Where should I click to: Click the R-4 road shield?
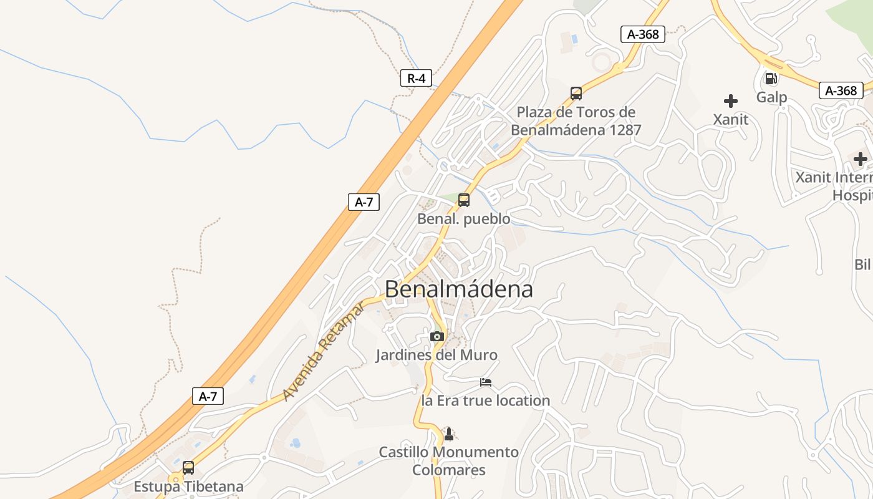[x=416, y=78]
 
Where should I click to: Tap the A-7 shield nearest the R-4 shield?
[x=364, y=201]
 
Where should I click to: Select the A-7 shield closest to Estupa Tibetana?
[x=208, y=396]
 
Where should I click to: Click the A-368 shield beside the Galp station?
[x=841, y=90]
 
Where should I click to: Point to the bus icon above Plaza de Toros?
[x=576, y=94]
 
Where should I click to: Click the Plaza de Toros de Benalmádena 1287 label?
[x=576, y=121]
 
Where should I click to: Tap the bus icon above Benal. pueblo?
[x=464, y=200]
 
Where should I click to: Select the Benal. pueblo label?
[x=463, y=219]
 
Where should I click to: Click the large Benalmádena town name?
[x=459, y=289]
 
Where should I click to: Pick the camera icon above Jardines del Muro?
[x=436, y=337]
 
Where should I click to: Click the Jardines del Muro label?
[x=436, y=356]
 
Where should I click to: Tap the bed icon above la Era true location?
[x=486, y=382]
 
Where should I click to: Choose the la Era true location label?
[x=486, y=400]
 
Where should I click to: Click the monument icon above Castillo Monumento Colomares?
[x=448, y=433]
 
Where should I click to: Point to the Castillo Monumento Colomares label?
[x=449, y=460]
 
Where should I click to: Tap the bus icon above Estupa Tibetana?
[x=188, y=467]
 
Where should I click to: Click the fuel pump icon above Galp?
[x=771, y=79]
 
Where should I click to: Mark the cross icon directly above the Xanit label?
[x=731, y=100]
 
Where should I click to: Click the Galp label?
[x=772, y=97]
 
